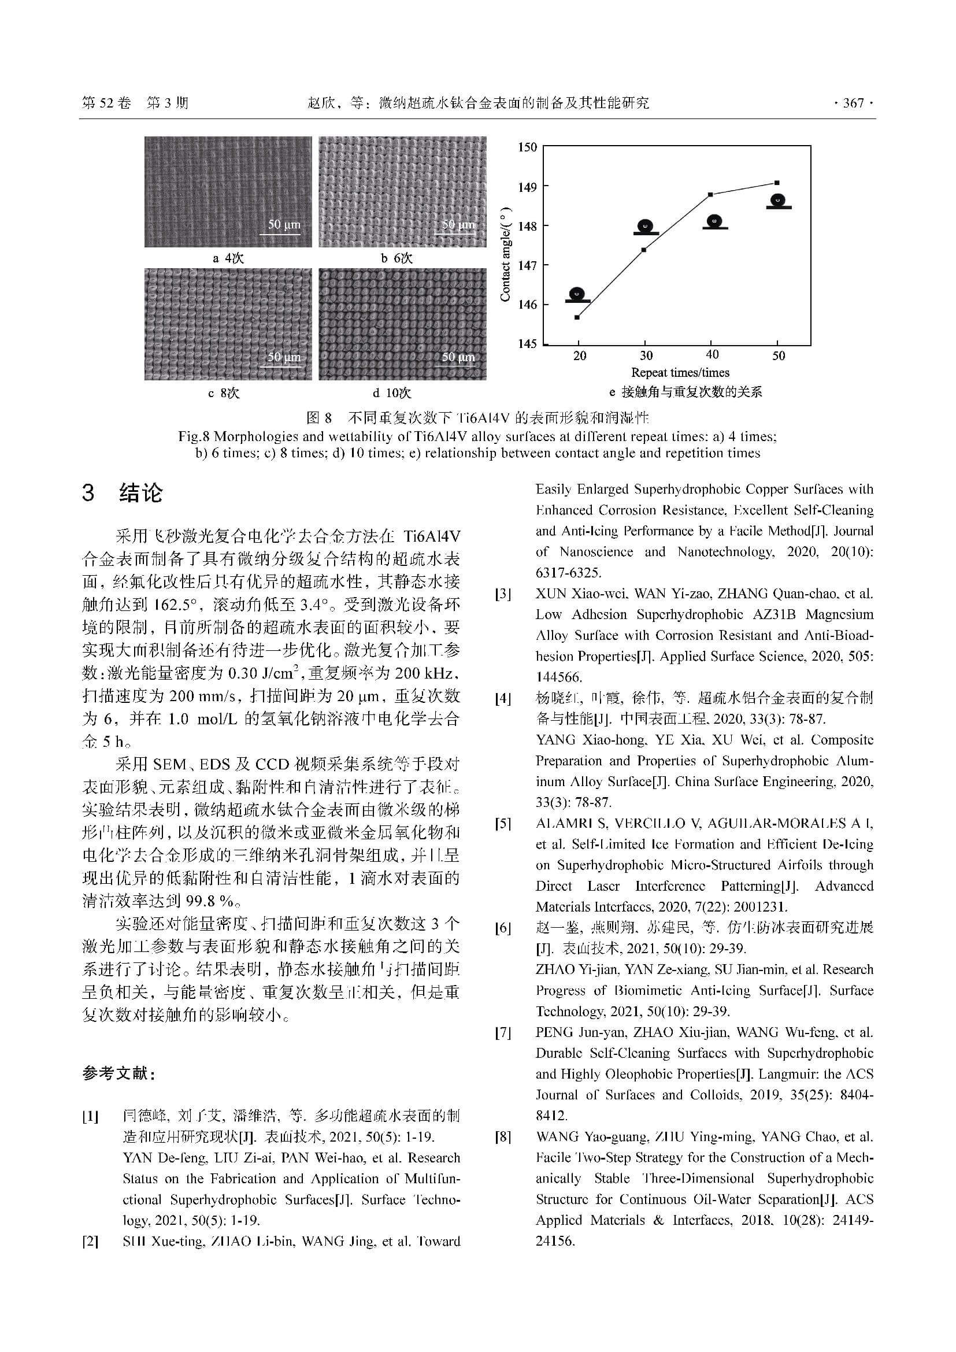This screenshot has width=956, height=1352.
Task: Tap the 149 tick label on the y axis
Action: coord(528,187)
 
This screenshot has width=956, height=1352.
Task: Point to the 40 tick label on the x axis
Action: coord(712,354)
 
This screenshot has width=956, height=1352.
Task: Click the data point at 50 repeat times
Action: coord(777,183)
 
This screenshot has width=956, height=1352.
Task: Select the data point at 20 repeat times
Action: coord(577,317)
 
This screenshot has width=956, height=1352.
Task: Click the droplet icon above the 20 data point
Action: coord(577,294)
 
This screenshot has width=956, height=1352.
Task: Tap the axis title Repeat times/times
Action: coord(680,373)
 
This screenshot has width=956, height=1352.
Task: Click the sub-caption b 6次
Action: coord(397,258)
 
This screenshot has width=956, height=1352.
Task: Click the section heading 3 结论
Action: coord(122,493)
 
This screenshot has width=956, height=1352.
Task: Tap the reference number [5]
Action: coord(503,824)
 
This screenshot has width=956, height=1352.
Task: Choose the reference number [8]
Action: coord(503,1137)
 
